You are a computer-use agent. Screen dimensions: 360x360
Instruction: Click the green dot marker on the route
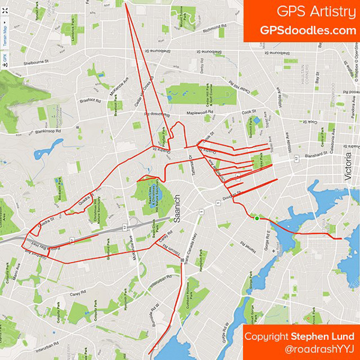[257, 218]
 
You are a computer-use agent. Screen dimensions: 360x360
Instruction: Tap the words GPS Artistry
[313, 12]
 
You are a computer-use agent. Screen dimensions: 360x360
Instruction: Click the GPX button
[4, 58]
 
